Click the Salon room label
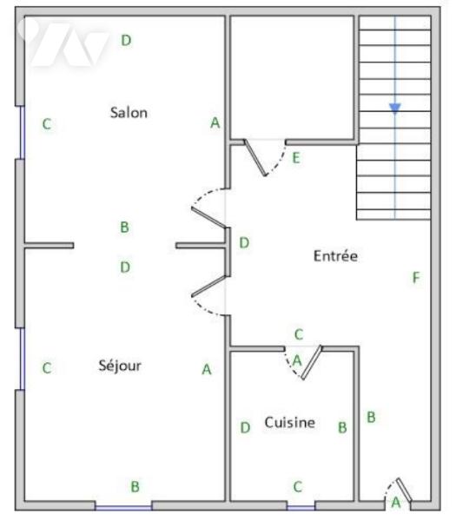tap(129, 113)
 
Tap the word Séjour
tap(120, 366)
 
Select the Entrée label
tap(335, 256)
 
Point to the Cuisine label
tap(290, 422)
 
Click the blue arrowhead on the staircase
tap(395, 108)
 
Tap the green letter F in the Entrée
tap(416, 278)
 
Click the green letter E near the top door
tap(296, 158)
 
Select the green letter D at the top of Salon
tap(126, 40)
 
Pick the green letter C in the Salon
tap(47, 124)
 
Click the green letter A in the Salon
tap(215, 122)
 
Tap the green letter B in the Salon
tap(124, 228)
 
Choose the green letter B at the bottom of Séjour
tap(135, 486)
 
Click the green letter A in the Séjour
tap(207, 369)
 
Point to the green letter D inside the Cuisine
tap(245, 427)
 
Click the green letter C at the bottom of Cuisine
tap(298, 487)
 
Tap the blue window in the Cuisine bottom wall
tap(301, 508)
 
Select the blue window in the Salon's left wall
tap(23, 132)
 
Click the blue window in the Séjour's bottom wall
tap(123, 508)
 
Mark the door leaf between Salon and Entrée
tap(209, 218)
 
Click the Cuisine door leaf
tap(312, 362)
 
